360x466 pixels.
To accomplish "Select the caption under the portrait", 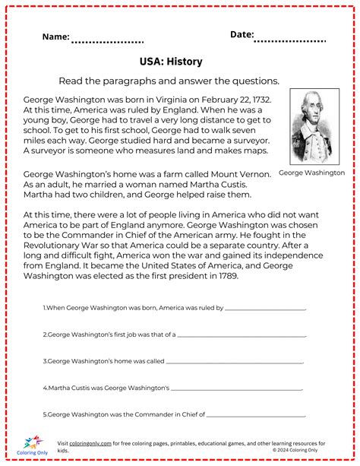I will pyautogui.click(x=311, y=173).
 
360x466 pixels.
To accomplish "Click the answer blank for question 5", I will pyautogui.click(x=256, y=415).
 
